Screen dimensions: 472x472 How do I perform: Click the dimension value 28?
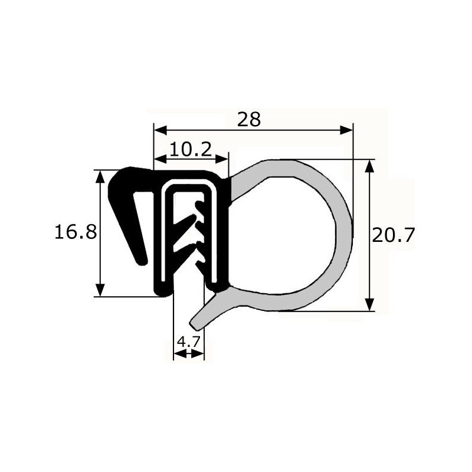(248, 120)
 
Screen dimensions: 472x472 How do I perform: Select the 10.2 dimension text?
(191, 149)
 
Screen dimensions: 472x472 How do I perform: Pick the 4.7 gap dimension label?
(189, 342)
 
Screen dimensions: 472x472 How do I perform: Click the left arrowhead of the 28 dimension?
(160, 130)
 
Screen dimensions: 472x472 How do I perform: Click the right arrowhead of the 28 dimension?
(346, 130)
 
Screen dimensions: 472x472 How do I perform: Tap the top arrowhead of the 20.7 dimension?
(369, 166)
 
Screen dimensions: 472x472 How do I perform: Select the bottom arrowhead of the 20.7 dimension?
(369, 304)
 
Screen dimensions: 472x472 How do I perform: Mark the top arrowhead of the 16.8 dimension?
(100, 176)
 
